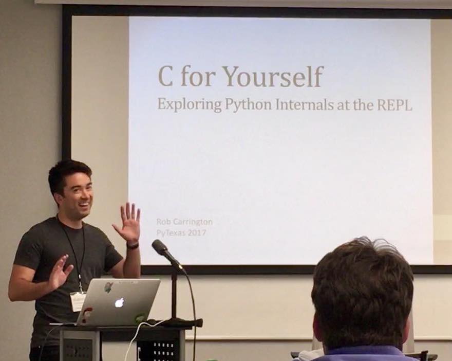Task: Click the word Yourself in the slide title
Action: (272, 77)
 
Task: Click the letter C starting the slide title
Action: (165, 77)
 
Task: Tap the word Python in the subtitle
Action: (249, 104)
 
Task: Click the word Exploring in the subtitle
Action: (190, 104)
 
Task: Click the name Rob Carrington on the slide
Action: (184, 222)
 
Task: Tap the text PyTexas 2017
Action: (181, 232)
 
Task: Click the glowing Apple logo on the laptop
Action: (119, 302)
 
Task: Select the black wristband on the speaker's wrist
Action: (133, 245)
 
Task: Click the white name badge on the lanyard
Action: (78, 301)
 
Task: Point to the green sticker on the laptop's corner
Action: (140, 318)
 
